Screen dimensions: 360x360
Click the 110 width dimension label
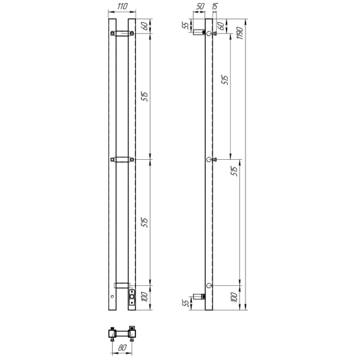click(122, 6)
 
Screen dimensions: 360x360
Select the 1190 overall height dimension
click(240, 33)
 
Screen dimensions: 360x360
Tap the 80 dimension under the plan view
click(122, 348)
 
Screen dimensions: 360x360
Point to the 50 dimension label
click(200, 6)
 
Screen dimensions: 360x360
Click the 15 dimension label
click(214, 6)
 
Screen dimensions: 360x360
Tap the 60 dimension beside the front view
click(145, 26)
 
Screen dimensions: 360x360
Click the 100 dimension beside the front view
click(145, 298)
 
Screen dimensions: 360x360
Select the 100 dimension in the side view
click(234, 298)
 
